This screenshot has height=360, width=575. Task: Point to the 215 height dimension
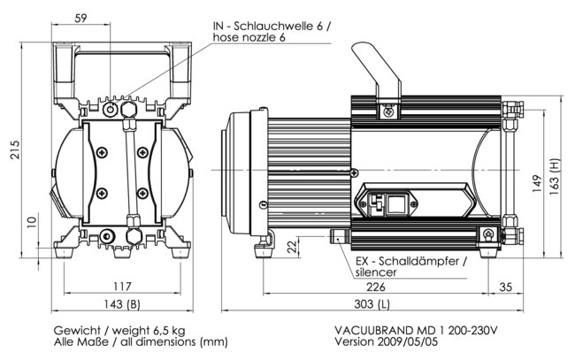pyautogui.click(x=13, y=151)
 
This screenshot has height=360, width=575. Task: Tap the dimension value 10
pyautogui.click(x=31, y=221)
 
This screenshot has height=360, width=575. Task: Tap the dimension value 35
pyautogui.click(x=505, y=287)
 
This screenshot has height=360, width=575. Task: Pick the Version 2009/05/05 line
pyautogui.click(x=386, y=342)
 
